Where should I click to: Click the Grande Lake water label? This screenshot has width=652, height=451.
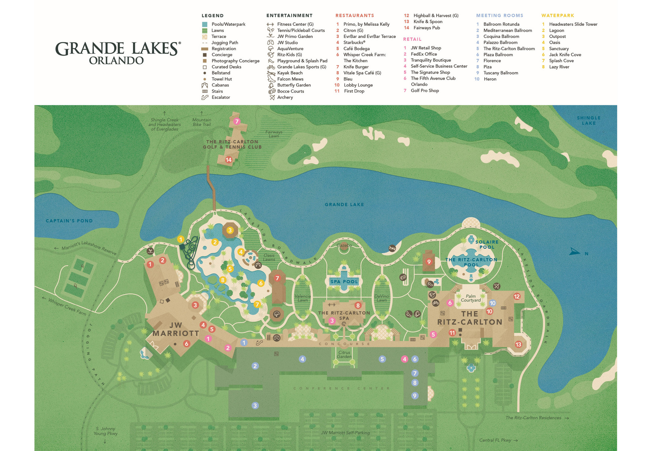coord(344,204)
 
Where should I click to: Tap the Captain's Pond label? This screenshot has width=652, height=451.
coord(69,221)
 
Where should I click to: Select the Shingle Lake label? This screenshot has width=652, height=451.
coord(588,120)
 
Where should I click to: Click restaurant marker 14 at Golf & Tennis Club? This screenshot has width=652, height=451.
coord(229,160)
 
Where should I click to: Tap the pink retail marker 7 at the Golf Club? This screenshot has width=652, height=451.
coord(237,121)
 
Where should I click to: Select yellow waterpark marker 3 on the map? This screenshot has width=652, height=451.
coord(230,230)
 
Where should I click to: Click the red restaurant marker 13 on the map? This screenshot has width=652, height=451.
coord(518,345)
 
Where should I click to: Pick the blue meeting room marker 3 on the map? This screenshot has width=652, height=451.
coord(255,405)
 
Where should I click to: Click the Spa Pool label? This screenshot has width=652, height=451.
coord(344,281)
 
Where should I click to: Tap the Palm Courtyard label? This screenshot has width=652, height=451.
coord(471,298)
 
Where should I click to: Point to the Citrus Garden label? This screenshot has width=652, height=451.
coord(344,354)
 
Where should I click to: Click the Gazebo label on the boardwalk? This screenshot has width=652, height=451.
coord(344,245)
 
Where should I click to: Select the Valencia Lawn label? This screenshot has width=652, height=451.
coord(302,298)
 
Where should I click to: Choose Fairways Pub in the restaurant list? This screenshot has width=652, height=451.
coord(426,28)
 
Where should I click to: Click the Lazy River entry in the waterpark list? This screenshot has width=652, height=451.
coord(559,67)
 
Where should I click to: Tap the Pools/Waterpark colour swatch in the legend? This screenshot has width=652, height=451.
coord(204,24)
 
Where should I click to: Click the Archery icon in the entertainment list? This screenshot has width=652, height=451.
coord(272,97)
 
